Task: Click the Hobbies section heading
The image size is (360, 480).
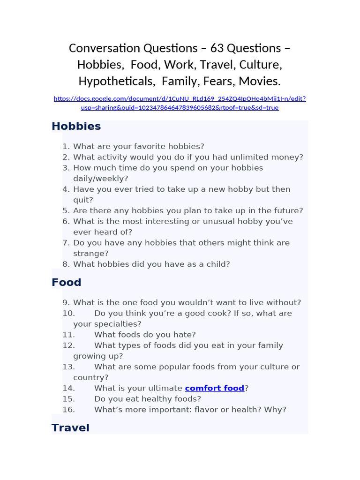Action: pos(76,126)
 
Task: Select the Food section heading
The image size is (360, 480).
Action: pos(66,282)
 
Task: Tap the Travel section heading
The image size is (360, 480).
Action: pos(70,427)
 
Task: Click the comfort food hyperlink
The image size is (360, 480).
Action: pos(215,388)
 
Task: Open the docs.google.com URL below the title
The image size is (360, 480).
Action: pos(180,103)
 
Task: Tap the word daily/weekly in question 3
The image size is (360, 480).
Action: pos(100,179)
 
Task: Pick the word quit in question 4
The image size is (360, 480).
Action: pos(83,200)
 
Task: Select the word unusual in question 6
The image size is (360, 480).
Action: pos(232,221)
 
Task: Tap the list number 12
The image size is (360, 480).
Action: pos(68,345)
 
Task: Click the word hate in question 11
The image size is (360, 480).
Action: pos(186,335)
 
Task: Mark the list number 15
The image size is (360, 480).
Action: pos(68,399)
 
